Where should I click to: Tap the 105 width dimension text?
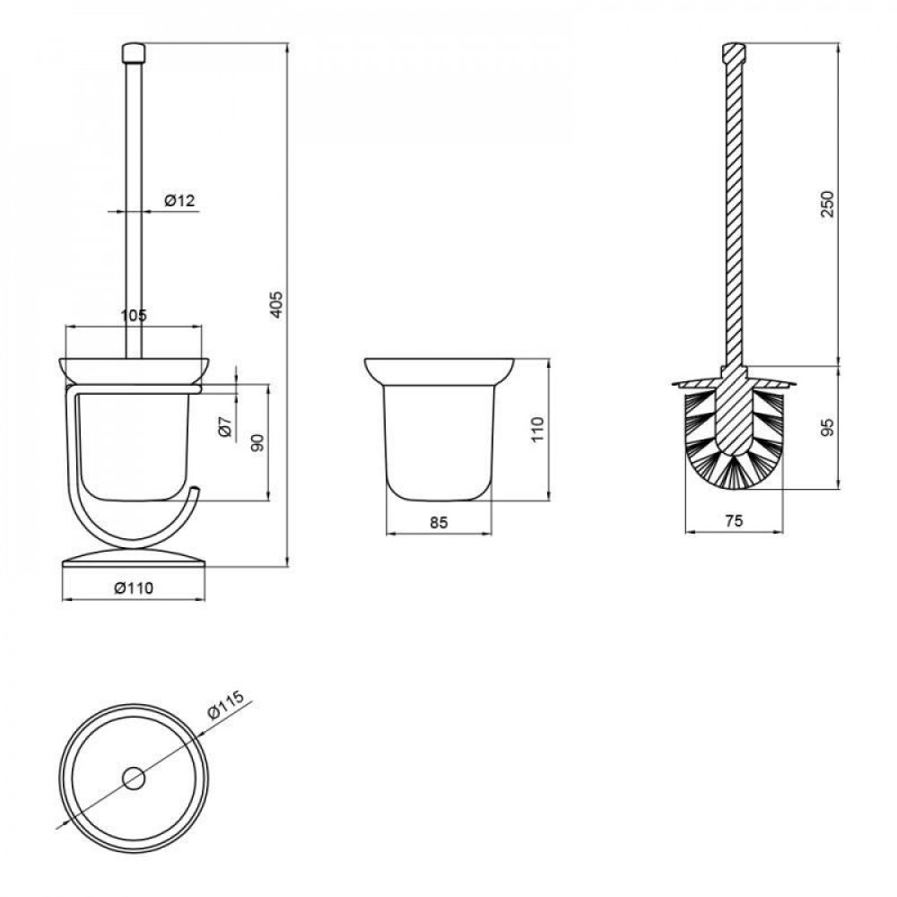[134, 315]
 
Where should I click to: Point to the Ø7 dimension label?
[226, 428]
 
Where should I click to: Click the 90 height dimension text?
[258, 442]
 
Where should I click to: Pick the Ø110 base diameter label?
[134, 588]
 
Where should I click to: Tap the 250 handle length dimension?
[828, 205]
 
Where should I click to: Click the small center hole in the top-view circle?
[134, 779]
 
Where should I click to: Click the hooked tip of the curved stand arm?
[194, 489]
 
